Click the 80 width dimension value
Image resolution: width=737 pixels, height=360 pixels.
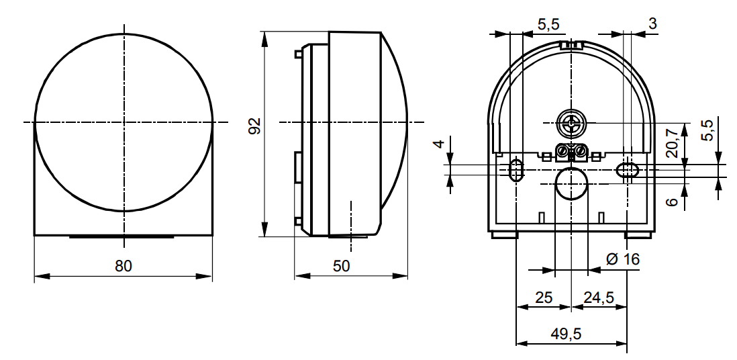point(124,266)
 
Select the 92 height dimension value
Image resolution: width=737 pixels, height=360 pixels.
point(254,126)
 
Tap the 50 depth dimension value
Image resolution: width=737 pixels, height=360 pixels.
point(342,266)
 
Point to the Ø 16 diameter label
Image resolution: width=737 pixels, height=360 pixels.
point(623,259)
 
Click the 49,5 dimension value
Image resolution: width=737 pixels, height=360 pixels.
point(567,334)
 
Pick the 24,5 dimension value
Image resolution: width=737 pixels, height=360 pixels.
point(599,298)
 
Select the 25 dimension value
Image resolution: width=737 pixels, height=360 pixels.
point(544,298)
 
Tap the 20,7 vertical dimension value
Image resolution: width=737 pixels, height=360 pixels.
point(672,144)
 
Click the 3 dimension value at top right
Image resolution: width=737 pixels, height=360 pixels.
point(652,24)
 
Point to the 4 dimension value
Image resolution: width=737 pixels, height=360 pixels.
point(438,143)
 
